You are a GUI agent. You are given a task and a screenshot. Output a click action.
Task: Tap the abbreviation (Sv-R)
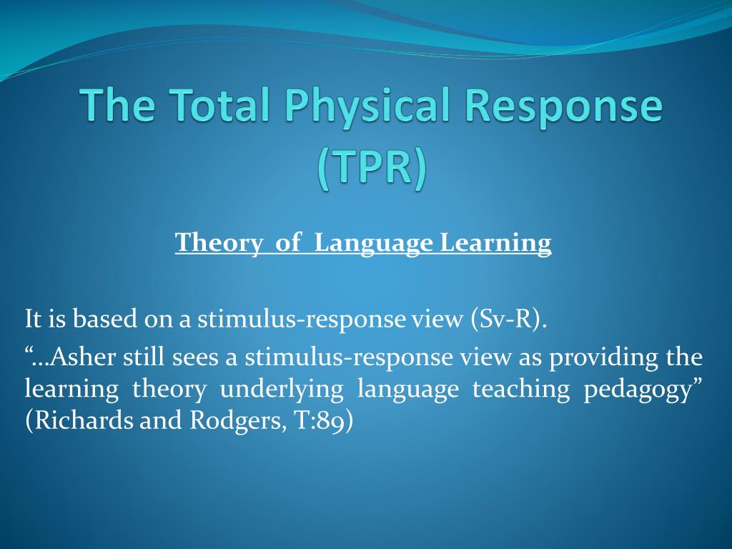[508, 320]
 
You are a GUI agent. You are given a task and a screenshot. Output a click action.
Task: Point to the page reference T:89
[320, 420]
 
